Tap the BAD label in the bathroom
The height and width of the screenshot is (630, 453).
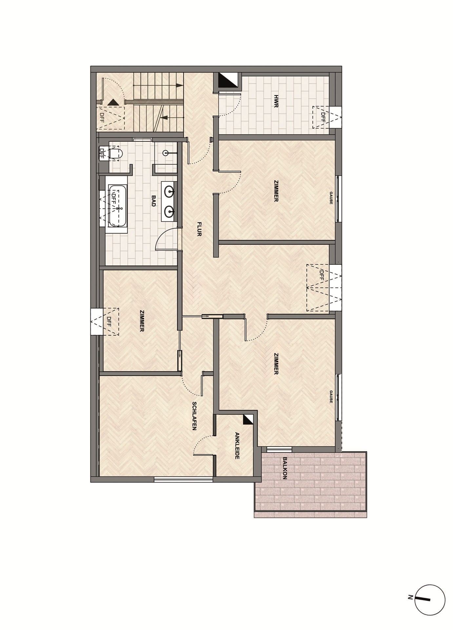coord(153,200)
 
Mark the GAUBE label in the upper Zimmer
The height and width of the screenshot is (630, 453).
coord(331,199)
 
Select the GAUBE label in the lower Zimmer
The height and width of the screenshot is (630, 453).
coord(331,397)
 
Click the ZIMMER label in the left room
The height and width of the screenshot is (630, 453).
coord(142,321)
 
